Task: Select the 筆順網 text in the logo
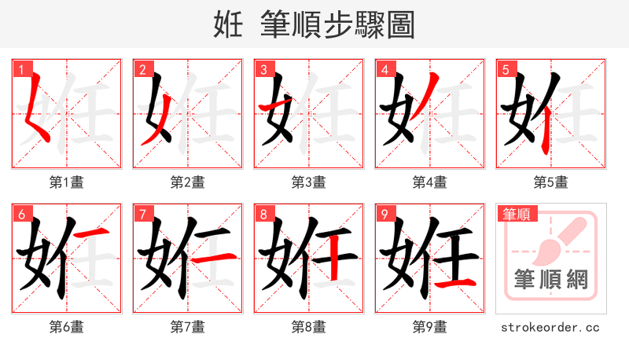pyautogui.click(x=550, y=280)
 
